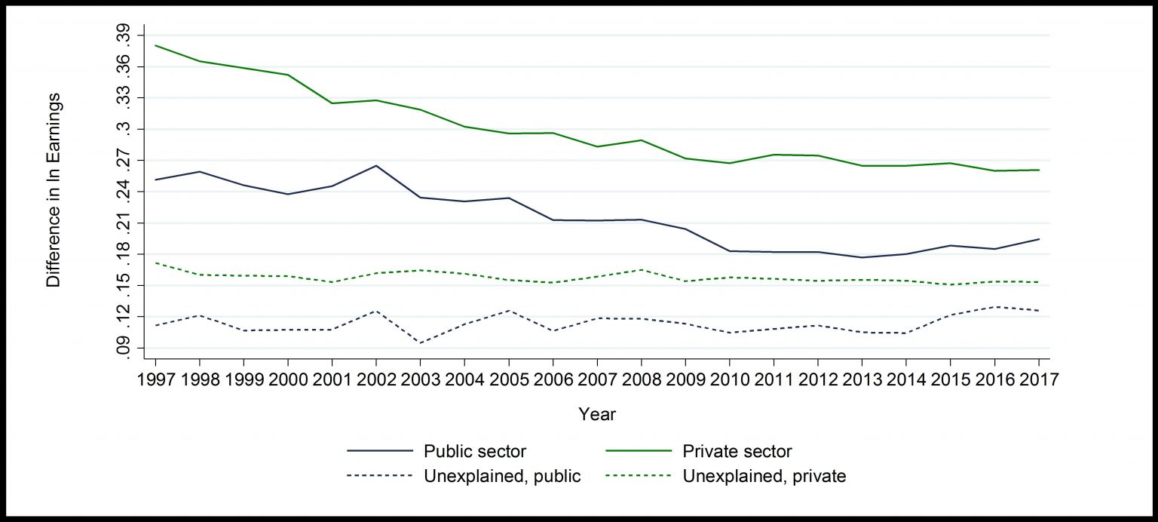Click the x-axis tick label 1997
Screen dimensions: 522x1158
pyautogui.click(x=155, y=378)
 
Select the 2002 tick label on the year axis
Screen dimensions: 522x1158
pyautogui.click(x=375, y=378)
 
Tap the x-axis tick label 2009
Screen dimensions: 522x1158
pyautogui.click(x=685, y=378)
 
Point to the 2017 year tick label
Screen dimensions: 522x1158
pyautogui.click(x=1037, y=378)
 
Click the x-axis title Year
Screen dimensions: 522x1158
pyautogui.click(x=597, y=414)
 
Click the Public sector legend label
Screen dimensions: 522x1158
pyautogui.click(x=475, y=452)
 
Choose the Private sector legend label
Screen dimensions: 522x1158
pyautogui.click(x=737, y=452)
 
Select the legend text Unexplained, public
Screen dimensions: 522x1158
pyautogui.click(x=502, y=477)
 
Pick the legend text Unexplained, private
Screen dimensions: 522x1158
pyautogui.click(x=764, y=477)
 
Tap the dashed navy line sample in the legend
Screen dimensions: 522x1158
pyautogui.click(x=380, y=476)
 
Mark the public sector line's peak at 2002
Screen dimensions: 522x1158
pyautogui.click(x=375, y=166)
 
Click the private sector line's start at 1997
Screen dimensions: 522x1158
pyautogui.click(x=155, y=45)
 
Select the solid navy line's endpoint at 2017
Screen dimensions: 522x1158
pyautogui.click(x=1039, y=239)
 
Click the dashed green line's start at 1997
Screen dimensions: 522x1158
pyautogui.click(x=155, y=263)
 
